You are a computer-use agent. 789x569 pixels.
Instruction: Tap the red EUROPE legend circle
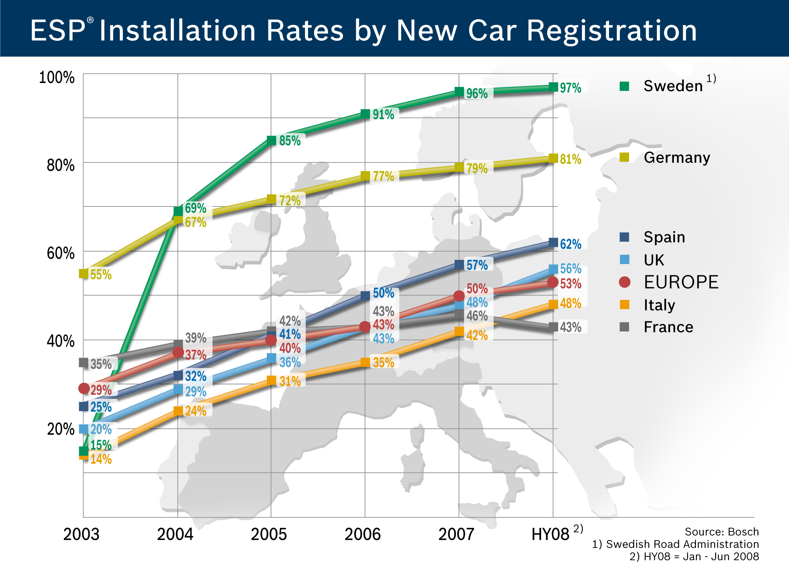click(625, 282)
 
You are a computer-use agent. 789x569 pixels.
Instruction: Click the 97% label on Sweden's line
click(570, 88)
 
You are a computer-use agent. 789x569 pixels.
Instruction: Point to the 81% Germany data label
click(570, 159)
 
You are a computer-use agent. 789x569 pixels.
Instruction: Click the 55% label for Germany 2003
click(101, 275)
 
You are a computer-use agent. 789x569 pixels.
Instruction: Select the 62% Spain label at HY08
click(570, 244)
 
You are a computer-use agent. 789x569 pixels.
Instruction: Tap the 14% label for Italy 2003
click(101, 459)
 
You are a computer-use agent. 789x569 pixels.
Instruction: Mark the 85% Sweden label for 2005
click(290, 140)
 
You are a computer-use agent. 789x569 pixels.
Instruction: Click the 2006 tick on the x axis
click(363, 534)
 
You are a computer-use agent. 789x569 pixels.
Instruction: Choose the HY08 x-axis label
click(550, 534)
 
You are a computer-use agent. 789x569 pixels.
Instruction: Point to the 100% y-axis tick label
click(57, 77)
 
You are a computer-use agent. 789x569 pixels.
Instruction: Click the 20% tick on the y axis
click(61, 429)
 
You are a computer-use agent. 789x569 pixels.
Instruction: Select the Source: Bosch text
click(721, 532)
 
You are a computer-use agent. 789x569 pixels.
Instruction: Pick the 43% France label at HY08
click(570, 327)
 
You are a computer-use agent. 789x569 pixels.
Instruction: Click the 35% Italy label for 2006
click(383, 362)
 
